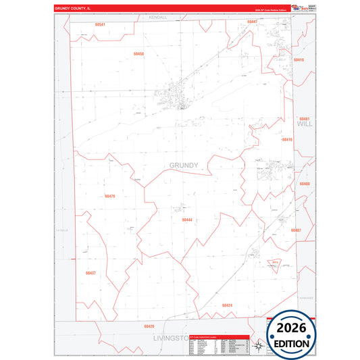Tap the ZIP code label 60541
[x=100, y=25]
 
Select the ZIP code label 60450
[x=138, y=53]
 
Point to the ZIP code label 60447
[x=252, y=22]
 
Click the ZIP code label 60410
[x=299, y=60]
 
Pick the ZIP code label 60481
[x=304, y=118]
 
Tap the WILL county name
[x=305, y=124]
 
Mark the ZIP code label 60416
[x=287, y=139]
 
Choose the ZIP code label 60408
[x=305, y=184]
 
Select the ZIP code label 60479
[x=110, y=196]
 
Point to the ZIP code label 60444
[x=187, y=220]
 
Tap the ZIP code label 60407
[x=296, y=230]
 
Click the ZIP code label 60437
[x=91, y=273]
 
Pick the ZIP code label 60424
[x=227, y=305]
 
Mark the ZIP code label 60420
[x=149, y=326]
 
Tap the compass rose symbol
[x=257, y=347]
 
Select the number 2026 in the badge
[x=292, y=329]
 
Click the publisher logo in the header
[x=298, y=7]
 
